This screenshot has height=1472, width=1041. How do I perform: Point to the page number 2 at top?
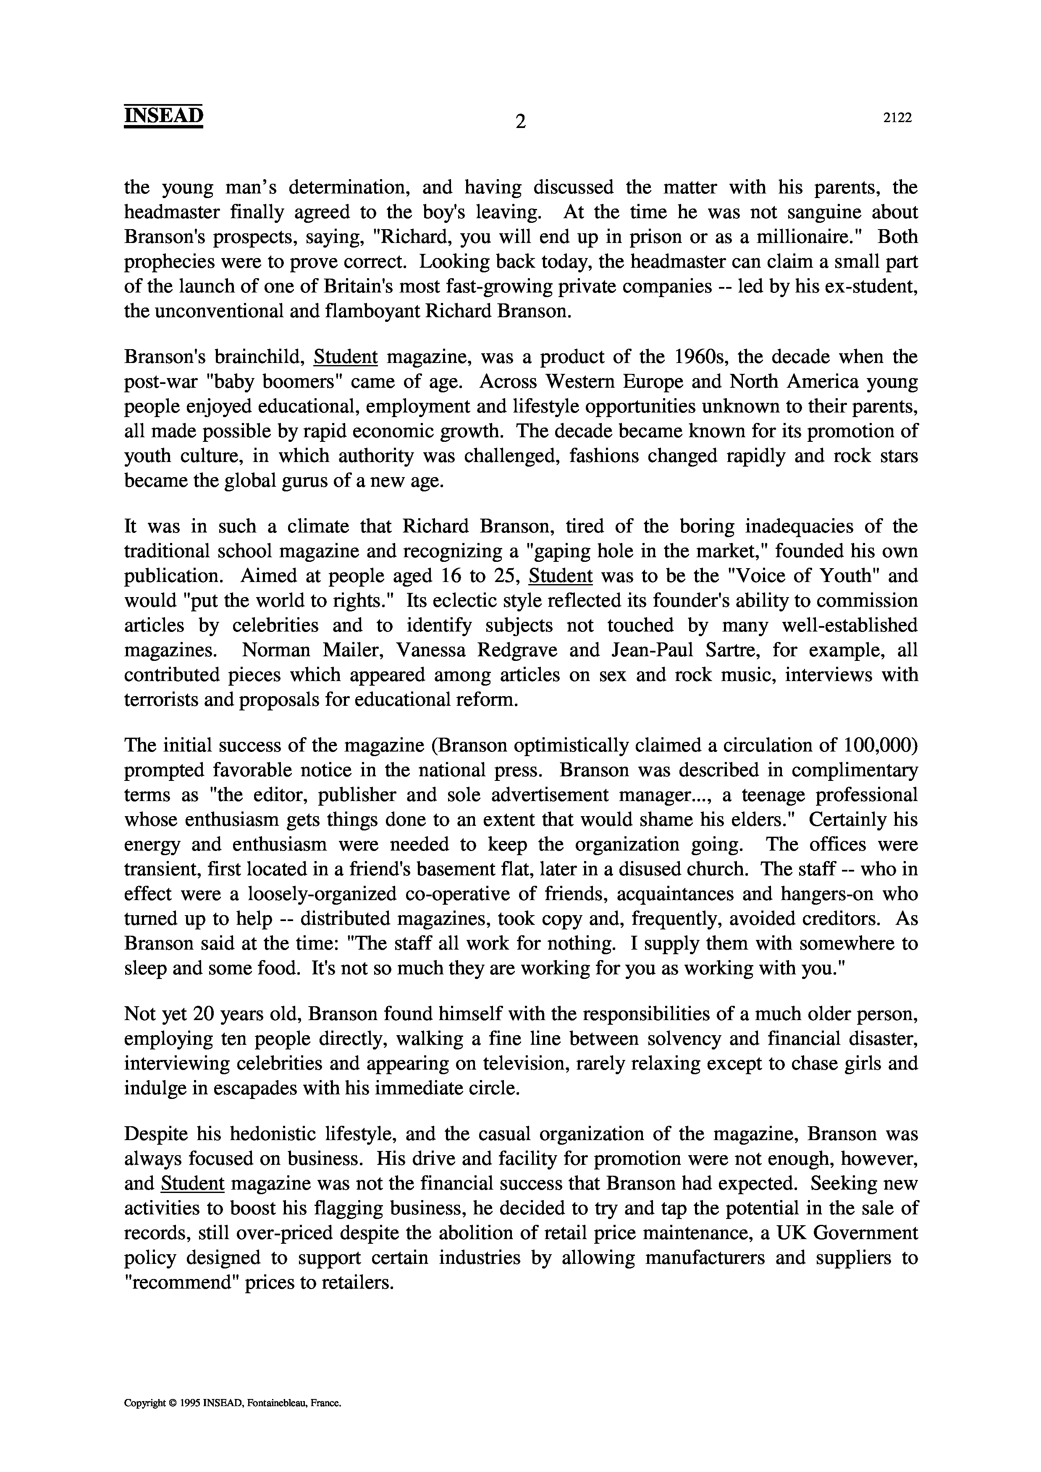point(520,120)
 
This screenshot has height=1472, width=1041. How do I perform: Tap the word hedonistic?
point(274,1134)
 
